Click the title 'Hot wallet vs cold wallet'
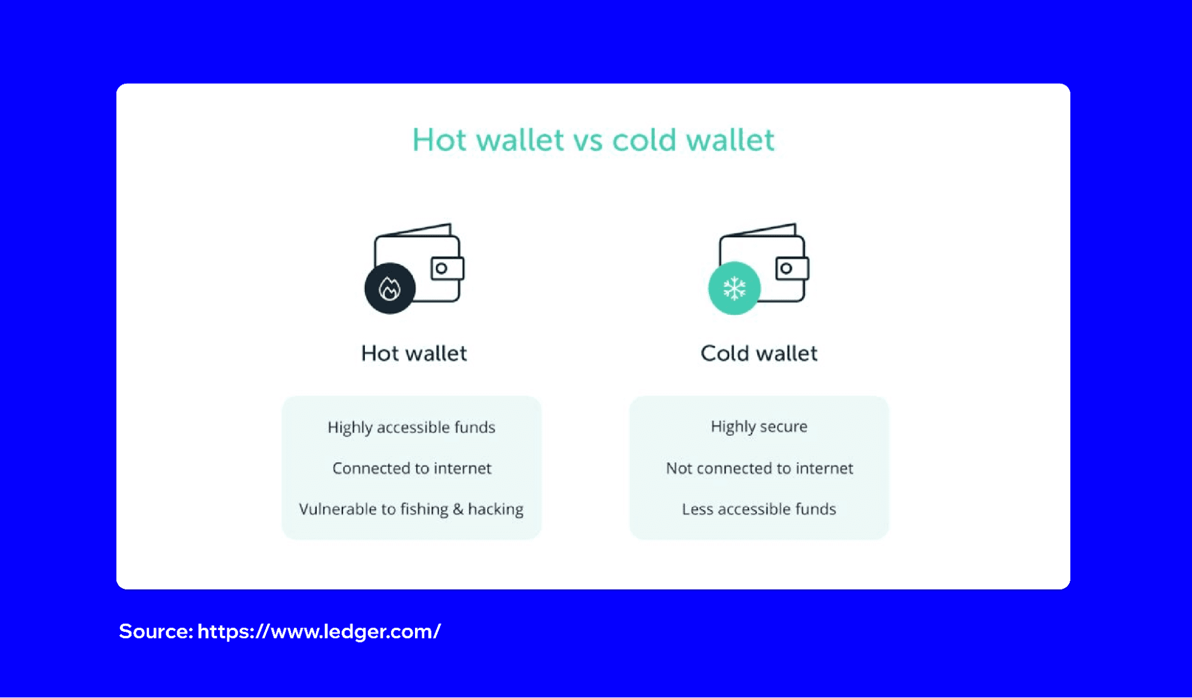pyautogui.click(x=593, y=141)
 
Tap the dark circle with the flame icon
pyautogui.click(x=390, y=288)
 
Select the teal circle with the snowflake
pyautogui.click(x=734, y=288)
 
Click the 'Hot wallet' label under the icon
pyautogui.click(x=414, y=353)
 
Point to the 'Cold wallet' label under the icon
pyautogui.click(x=758, y=353)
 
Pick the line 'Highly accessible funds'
pyautogui.click(x=411, y=427)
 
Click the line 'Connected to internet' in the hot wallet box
pyautogui.click(x=411, y=469)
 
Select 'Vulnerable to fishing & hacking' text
pyautogui.click(x=411, y=509)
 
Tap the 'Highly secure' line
pyautogui.click(x=759, y=427)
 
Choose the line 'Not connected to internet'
pyautogui.click(x=759, y=469)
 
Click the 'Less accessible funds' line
pyautogui.click(x=759, y=509)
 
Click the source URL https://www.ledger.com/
pyautogui.click(x=319, y=631)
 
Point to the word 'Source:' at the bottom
pyautogui.click(x=156, y=631)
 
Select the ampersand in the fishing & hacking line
pyautogui.click(x=458, y=509)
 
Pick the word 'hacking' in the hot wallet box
pyautogui.click(x=496, y=510)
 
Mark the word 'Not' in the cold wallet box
pyautogui.click(x=679, y=469)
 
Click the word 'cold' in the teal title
pyautogui.click(x=644, y=141)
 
